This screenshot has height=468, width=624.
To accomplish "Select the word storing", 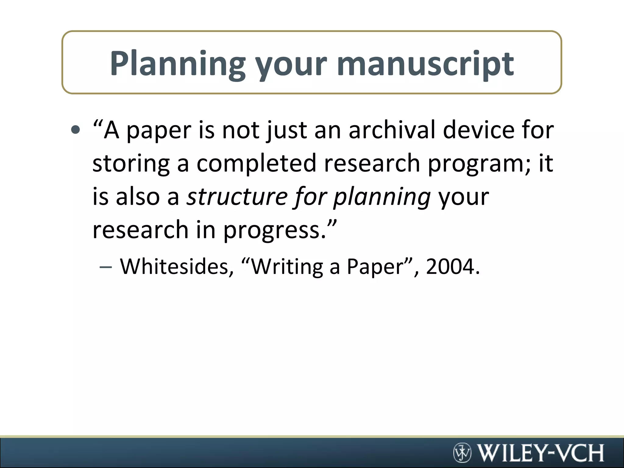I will [x=131, y=164].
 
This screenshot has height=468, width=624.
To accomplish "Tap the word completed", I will [x=257, y=164].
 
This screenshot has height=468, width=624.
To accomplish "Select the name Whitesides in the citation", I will [x=177, y=267].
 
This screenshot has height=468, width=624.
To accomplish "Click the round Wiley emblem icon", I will [x=462, y=452].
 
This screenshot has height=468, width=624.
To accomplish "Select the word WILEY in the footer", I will [x=510, y=453].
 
